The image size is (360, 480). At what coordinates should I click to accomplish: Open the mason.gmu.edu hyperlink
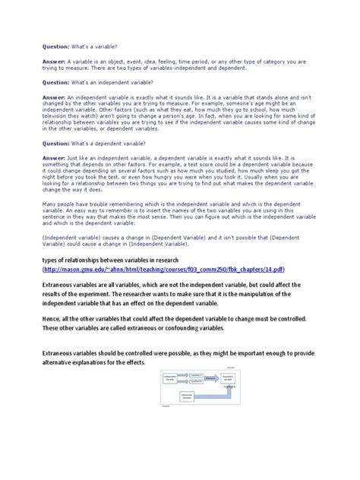pos(156,269)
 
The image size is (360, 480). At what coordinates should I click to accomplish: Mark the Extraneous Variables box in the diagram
pos(178,397)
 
